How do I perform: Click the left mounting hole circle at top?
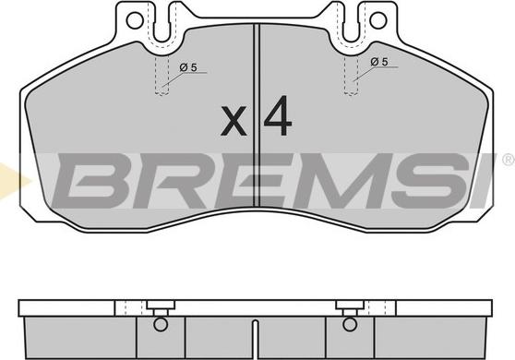[135, 20]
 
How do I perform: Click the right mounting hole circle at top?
[377, 20]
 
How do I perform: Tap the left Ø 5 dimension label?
[188, 67]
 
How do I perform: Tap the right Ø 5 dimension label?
[379, 62]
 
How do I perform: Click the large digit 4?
[278, 115]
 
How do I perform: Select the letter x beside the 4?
[234, 120]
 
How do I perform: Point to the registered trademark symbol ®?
[509, 160]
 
